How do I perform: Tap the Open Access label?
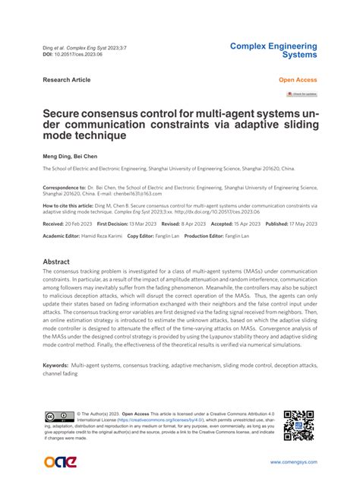click(298, 79)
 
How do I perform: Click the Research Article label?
click(66, 79)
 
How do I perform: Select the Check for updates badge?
click(301, 94)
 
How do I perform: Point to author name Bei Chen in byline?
click(88, 155)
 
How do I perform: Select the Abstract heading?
click(56, 261)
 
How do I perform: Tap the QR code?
click(299, 426)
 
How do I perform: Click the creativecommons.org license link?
click(145, 420)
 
